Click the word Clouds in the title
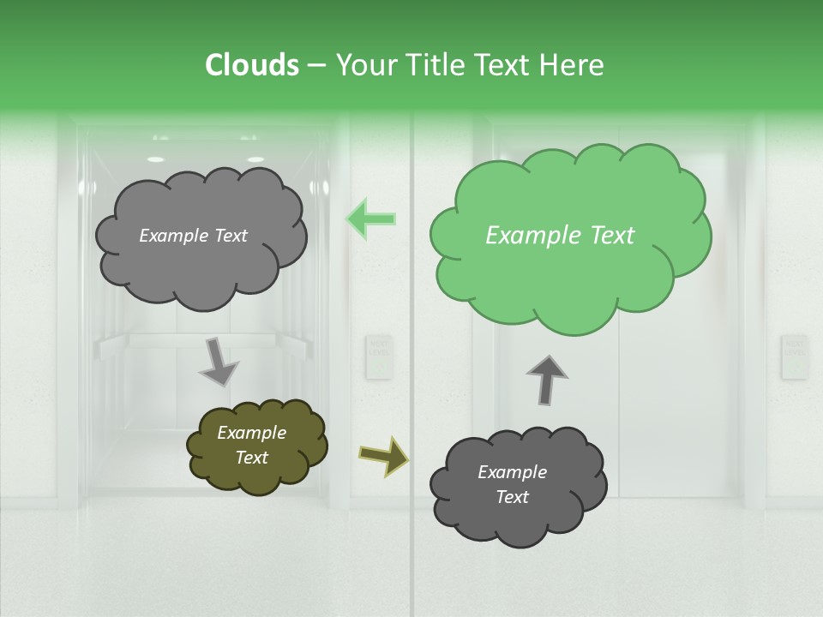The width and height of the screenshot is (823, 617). [x=252, y=65]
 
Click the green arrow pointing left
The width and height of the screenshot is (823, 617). [x=371, y=219]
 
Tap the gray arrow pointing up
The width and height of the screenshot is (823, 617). [x=546, y=378]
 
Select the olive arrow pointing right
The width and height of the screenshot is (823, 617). [x=383, y=455]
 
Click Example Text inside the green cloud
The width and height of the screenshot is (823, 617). [x=560, y=236]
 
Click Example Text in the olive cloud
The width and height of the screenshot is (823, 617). [x=251, y=445]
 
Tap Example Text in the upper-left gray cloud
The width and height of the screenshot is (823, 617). [x=193, y=236]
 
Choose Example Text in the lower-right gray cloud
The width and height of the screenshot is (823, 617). [x=512, y=484]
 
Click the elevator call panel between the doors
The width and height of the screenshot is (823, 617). [x=377, y=356]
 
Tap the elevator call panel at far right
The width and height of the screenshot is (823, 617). [x=794, y=356]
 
